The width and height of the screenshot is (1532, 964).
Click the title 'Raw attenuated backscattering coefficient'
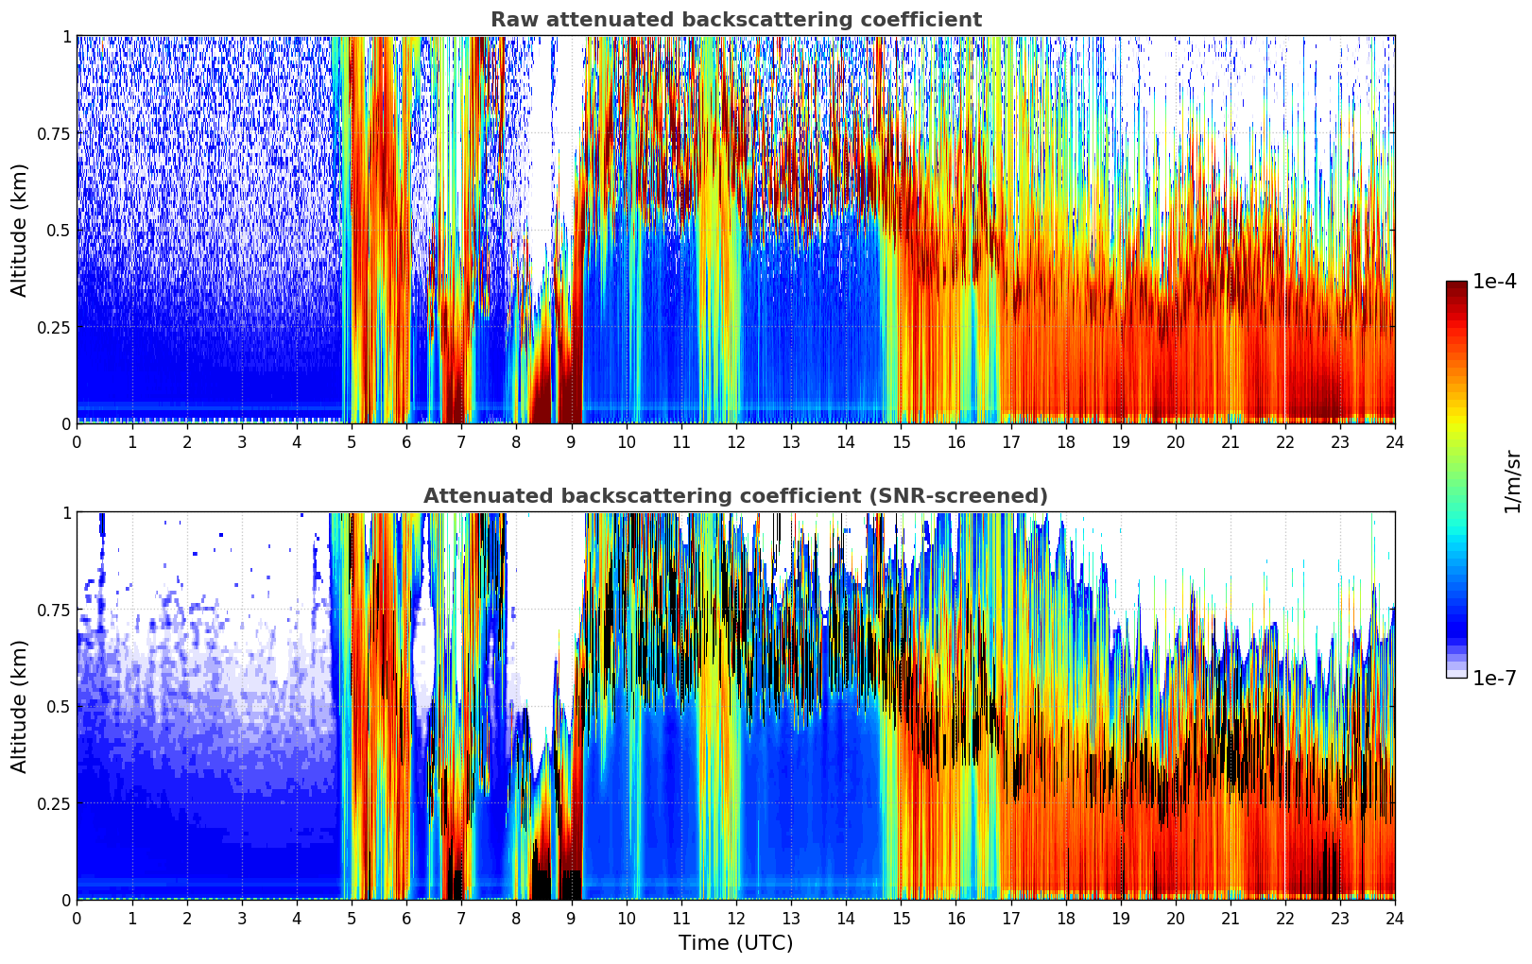pos(735,20)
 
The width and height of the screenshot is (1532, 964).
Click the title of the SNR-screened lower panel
pos(735,496)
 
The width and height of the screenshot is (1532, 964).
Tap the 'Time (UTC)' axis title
pos(735,943)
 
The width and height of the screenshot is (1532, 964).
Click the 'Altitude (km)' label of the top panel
pos(20,230)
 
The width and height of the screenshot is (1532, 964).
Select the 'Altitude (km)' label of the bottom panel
pos(20,706)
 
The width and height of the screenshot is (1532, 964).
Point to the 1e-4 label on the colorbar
pos(1494,282)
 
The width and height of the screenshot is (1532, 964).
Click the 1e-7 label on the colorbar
pos(1494,678)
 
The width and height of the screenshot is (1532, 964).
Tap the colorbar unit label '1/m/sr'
pos(1512,481)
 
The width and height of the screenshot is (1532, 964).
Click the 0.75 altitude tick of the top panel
pos(54,133)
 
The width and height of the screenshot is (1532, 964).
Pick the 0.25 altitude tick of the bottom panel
pos(54,803)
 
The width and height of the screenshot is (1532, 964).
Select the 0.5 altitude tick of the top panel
pos(60,231)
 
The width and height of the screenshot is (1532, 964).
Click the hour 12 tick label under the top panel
pos(735,441)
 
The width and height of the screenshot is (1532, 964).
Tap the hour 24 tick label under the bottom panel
pos(1394,918)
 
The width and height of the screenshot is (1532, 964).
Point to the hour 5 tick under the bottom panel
pos(352,918)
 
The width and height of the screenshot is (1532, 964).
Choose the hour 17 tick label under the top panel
pos(1010,441)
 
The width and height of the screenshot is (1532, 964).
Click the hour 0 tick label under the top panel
pos(77,441)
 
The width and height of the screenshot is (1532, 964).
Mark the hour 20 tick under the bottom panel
pos(1175,918)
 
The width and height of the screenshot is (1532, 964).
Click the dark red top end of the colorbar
pos(1455,285)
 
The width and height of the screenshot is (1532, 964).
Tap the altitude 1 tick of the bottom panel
pos(66,513)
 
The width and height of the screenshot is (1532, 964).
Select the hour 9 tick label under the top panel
pos(571,441)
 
